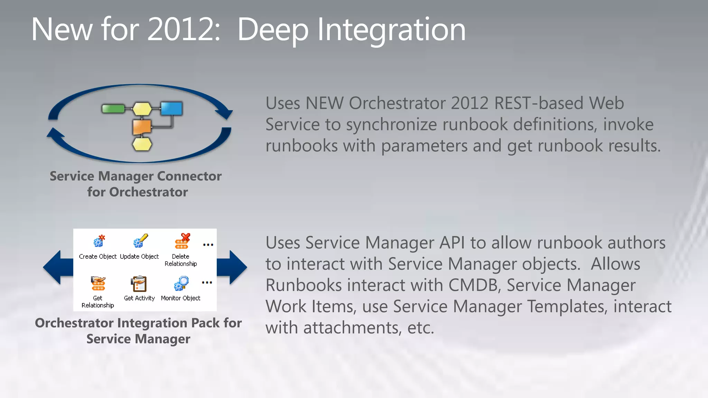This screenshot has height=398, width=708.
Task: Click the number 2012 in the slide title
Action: point(183,30)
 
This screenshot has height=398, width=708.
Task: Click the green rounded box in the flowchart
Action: point(113,108)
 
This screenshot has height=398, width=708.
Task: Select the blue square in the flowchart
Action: point(171,108)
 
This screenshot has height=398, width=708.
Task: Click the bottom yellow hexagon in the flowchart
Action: point(142,144)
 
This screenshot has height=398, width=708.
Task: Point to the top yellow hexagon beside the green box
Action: point(142,108)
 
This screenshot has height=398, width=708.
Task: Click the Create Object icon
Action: point(99,241)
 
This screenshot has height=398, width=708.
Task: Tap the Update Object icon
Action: point(140,241)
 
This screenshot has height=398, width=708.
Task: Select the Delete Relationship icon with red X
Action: point(182,241)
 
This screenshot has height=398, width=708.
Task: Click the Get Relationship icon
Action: point(98,283)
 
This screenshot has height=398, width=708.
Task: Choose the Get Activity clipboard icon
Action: point(139,284)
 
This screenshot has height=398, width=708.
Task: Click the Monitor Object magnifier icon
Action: point(181,283)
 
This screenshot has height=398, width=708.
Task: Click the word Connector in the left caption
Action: point(189,176)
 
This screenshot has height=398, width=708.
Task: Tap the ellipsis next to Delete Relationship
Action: point(208,245)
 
